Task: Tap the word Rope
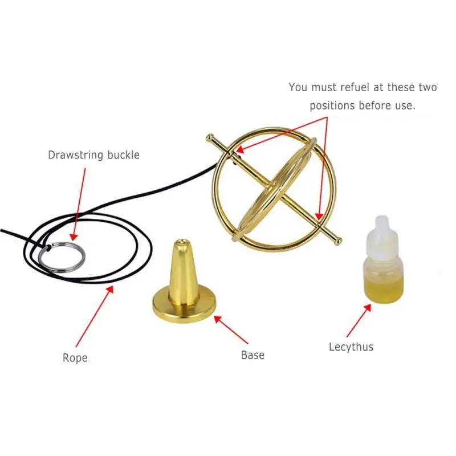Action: [75, 358]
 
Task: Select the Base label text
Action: [253, 355]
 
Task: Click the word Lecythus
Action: [351, 347]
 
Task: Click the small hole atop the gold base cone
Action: [183, 243]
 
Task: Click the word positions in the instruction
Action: [333, 105]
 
